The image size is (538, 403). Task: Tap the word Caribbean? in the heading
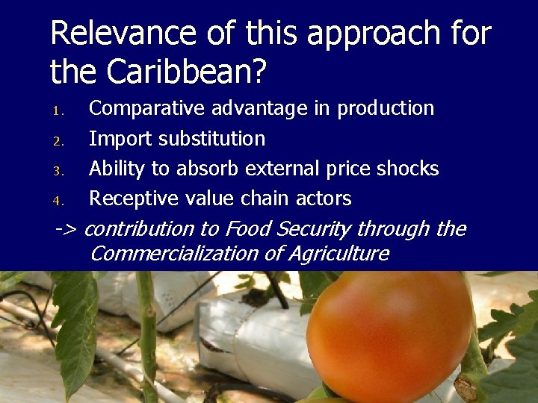pos(187,72)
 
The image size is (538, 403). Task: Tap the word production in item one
pos(386,109)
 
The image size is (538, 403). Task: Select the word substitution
pos(209,139)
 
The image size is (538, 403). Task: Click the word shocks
pos(409,169)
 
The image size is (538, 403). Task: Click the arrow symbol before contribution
pos(67,228)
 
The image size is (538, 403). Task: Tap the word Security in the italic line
pos(314,228)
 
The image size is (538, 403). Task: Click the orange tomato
pos(389,336)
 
